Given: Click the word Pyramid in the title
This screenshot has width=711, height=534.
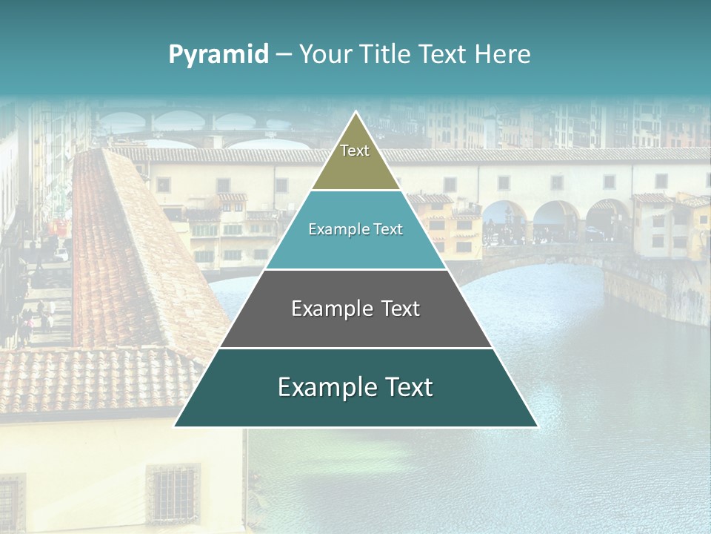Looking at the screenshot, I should tap(218, 55).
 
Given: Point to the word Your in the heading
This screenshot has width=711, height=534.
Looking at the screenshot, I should tap(324, 55).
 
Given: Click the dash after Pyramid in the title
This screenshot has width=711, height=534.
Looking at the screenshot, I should tap(284, 55).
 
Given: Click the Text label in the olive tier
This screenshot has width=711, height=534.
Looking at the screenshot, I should tap(355, 151).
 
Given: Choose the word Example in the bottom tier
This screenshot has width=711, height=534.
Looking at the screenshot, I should tap(326, 387).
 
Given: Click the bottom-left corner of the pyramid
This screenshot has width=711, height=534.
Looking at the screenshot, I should tap(174, 426).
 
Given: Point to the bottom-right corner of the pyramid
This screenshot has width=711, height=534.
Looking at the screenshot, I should tap(538, 426).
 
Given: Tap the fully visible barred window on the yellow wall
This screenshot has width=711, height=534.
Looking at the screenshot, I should tap(173, 492).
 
